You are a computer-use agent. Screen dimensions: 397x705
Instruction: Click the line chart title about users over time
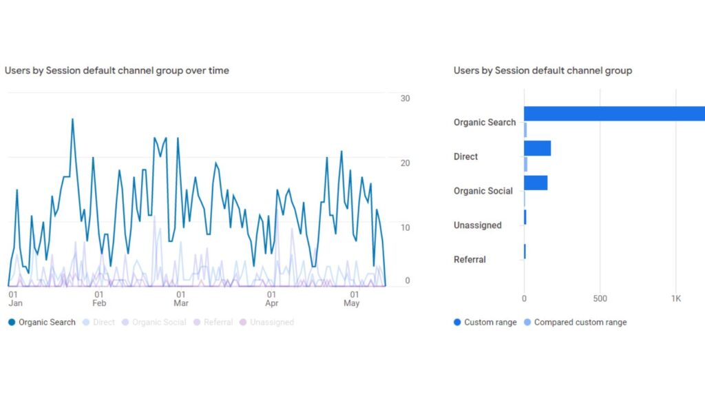tap(117, 70)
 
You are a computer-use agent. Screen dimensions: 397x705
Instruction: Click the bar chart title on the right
tap(543, 70)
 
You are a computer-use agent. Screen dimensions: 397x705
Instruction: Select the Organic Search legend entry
tap(42, 322)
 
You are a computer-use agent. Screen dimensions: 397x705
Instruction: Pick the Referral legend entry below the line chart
tap(213, 322)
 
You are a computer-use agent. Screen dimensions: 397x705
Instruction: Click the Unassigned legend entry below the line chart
tap(266, 322)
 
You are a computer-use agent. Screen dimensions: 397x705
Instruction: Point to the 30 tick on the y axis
tap(405, 99)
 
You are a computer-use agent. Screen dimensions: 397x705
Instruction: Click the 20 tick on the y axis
tap(405, 163)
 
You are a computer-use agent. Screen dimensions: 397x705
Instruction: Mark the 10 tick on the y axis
tap(405, 227)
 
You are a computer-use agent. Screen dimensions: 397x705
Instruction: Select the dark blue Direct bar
tap(537, 148)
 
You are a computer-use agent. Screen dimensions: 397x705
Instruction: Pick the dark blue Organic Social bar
tap(536, 183)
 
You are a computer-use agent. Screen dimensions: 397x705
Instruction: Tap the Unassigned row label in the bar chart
tap(477, 225)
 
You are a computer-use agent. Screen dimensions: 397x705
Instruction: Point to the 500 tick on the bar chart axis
tap(600, 298)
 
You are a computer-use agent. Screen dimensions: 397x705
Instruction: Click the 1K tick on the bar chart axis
tap(676, 298)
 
